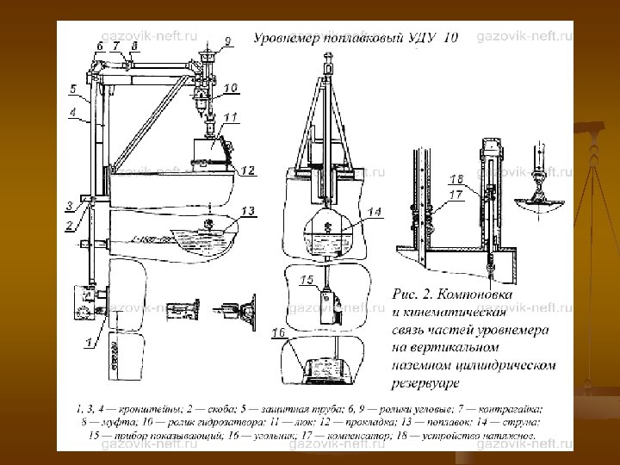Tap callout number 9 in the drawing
coord(227,40)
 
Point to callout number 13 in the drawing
coord(248,211)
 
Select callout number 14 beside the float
coord(374,212)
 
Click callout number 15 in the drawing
coord(307,279)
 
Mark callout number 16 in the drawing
coord(278,331)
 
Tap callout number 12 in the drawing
coord(247,171)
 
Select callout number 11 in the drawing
coord(232,116)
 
